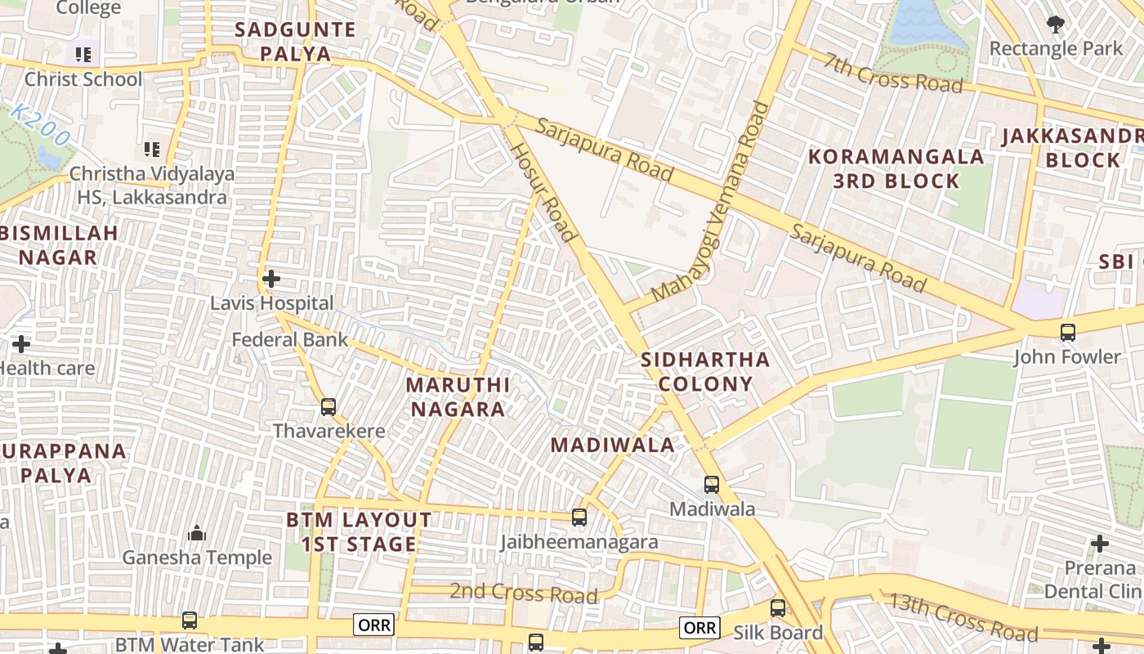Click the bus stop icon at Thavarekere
(x=328, y=406)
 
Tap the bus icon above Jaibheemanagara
(x=579, y=517)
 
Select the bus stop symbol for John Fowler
(x=1067, y=332)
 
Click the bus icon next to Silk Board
(x=778, y=608)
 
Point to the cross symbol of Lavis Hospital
(x=271, y=279)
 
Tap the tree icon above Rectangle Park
(x=1056, y=24)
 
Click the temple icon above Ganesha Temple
(x=197, y=534)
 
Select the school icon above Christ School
(x=83, y=55)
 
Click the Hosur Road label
(x=543, y=192)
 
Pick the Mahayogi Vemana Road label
(x=713, y=201)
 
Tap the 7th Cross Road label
(x=892, y=73)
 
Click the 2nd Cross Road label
(x=524, y=592)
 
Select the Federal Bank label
(x=290, y=339)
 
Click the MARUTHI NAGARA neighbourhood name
(x=458, y=396)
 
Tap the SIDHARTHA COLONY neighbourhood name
(x=705, y=371)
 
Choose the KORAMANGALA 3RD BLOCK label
(x=896, y=168)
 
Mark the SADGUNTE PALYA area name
(x=295, y=42)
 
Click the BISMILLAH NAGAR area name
(x=59, y=244)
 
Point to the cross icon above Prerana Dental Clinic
(x=1100, y=544)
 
